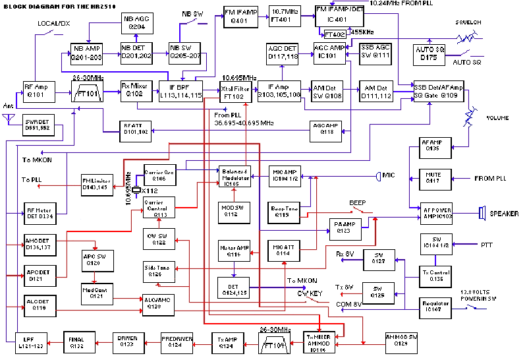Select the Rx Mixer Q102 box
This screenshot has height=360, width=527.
[x=134, y=90]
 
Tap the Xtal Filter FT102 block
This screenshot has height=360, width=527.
[x=236, y=90]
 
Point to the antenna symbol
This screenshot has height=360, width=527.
[x=9, y=119]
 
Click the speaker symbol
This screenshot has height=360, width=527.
[x=482, y=214]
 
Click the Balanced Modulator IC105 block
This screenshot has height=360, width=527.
[x=235, y=175]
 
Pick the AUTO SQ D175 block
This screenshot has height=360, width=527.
[x=431, y=52]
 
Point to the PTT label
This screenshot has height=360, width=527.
[x=486, y=245]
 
